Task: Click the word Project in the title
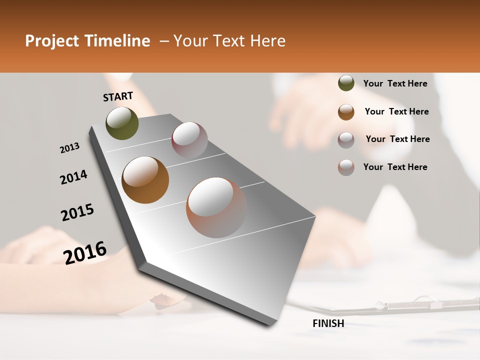pos(50,41)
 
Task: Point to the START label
pos(118,96)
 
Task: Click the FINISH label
pos(328,323)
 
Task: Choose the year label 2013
pos(69,148)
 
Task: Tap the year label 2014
pos(73,177)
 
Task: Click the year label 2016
pos(85,253)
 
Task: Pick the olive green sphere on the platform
pos(122,123)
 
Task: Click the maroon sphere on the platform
pos(189,140)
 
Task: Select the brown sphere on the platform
pos(145,179)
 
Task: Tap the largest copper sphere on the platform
pos(216,207)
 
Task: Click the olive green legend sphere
pos(346,83)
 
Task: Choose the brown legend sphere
pos(346,112)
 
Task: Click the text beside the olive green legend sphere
pos(395,83)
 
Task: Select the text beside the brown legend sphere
pos(396,111)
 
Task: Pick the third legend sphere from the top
pos(346,140)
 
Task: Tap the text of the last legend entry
pos(395,167)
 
